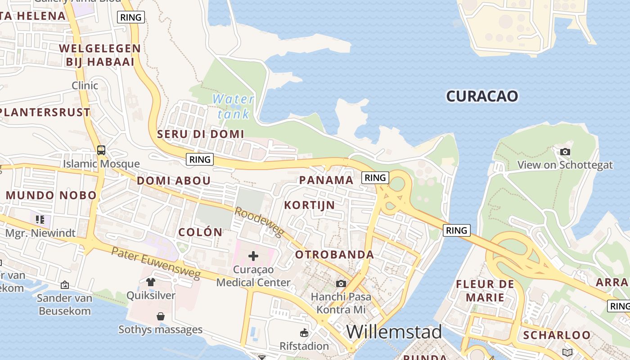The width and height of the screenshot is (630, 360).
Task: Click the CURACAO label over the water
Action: click(x=482, y=96)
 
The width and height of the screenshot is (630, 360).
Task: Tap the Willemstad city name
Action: click(x=394, y=332)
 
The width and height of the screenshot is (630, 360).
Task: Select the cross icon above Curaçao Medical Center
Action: click(x=253, y=256)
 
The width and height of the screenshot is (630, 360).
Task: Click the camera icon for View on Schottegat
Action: click(x=565, y=152)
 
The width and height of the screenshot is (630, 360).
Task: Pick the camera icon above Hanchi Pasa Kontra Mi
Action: click(x=341, y=283)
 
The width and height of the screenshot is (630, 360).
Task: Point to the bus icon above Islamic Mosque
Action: click(x=101, y=150)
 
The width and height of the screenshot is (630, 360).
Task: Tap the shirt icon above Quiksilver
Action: click(x=151, y=282)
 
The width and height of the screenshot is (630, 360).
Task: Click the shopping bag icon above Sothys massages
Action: click(x=161, y=316)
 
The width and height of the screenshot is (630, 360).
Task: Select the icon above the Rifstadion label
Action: click(x=304, y=333)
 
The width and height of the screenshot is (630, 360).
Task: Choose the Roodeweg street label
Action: click(x=259, y=222)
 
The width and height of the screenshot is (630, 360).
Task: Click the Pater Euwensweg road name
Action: click(x=156, y=263)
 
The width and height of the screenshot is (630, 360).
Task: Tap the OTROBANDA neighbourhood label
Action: click(x=334, y=255)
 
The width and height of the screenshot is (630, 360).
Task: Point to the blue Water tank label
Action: click(x=233, y=106)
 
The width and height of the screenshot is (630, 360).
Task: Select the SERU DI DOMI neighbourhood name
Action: click(x=200, y=134)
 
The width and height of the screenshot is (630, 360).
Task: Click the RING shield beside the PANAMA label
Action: click(x=375, y=178)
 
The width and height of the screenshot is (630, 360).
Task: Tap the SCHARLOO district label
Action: click(x=557, y=335)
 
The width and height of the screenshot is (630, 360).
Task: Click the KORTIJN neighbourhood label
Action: click(x=310, y=205)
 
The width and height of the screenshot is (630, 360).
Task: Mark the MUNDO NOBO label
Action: click(x=51, y=195)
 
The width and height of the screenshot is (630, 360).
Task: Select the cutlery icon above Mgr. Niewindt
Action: click(x=40, y=220)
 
